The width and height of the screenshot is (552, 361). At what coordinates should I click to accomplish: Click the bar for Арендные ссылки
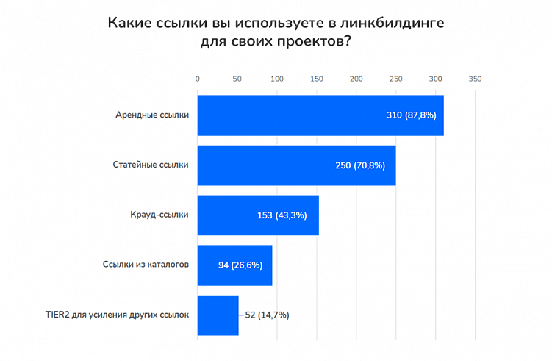[320, 115]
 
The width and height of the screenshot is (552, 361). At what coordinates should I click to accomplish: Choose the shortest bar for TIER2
[218, 315]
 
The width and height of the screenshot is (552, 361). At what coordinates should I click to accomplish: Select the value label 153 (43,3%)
[282, 215]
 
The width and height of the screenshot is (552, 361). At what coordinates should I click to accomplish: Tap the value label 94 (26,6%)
[240, 265]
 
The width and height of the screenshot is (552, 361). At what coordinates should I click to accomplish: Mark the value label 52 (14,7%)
[267, 315]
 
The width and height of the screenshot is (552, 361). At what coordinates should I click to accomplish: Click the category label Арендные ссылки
[152, 115]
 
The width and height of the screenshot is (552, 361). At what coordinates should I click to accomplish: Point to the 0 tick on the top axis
[197, 78]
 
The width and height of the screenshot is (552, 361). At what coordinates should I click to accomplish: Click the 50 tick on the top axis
[237, 78]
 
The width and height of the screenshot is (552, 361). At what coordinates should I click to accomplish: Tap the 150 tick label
[316, 78]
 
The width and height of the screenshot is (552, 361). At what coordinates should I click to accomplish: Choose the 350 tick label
[475, 78]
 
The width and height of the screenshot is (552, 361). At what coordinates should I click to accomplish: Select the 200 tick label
[356, 78]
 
